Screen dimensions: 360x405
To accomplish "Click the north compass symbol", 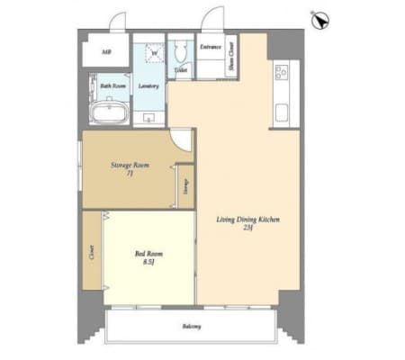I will pos(317,19).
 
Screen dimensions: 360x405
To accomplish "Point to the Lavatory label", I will pos(148,86).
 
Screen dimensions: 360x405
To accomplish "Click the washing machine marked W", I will pos(153,52).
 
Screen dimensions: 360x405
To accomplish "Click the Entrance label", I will pos(211,46).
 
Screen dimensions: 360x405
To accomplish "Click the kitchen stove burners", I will pos(281,71).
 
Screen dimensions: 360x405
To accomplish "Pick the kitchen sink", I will pos(283,114).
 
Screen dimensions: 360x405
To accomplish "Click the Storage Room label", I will pos(129,166).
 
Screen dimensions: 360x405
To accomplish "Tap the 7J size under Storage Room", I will pos(129,175).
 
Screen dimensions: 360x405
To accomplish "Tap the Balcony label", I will pos(190,326).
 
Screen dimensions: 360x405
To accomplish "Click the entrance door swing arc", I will pos(212,18).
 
